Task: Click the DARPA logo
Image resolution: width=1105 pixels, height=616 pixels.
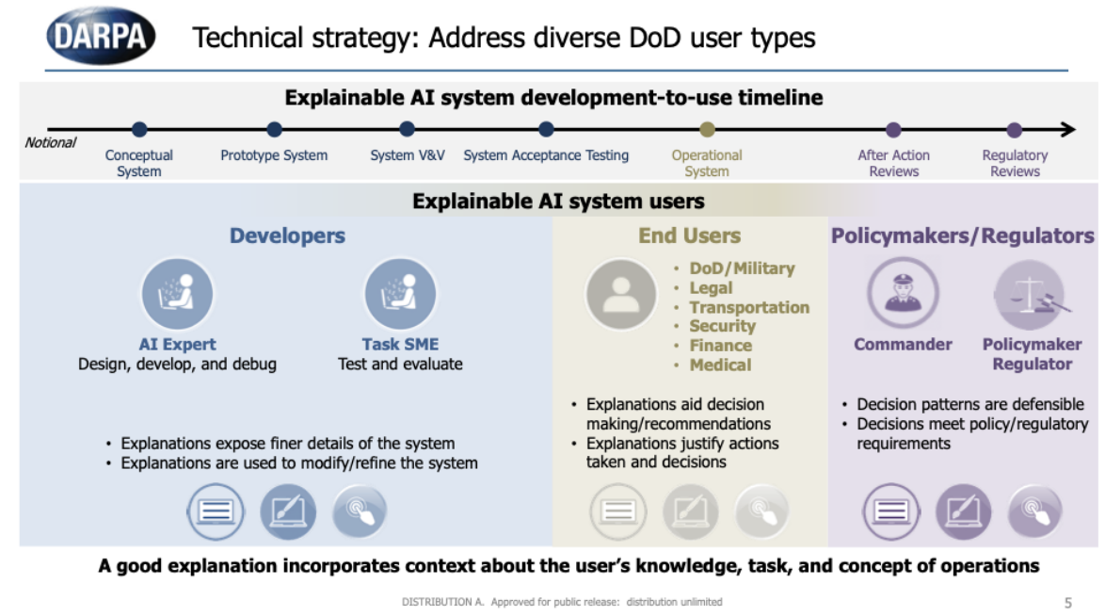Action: (x=101, y=37)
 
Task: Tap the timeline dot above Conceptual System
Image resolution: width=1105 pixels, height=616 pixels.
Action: (x=139, y=129)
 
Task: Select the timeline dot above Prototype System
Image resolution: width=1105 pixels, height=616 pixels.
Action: (x=274, y=129)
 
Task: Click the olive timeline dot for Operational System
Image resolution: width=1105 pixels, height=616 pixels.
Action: (x=707, y=129)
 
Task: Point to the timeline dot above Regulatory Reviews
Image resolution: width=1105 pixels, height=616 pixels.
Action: (x=1014, y=130)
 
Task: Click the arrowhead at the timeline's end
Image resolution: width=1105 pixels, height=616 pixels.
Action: (x=1067, y=130)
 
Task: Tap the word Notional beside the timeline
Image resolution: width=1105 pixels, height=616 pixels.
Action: (x=50, y=142)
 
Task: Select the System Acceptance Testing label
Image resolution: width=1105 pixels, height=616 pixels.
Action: (x=546, y=155)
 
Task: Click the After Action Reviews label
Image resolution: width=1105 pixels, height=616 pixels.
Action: (x=893, y=163)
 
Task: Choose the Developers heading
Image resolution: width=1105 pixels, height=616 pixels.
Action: (x=287, y=235)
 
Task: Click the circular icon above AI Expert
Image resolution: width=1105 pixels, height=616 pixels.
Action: (x=177, y=294)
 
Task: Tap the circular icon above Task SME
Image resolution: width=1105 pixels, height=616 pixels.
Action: (x=400, y=294)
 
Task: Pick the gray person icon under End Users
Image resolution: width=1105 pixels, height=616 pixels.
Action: (x=620, y=294)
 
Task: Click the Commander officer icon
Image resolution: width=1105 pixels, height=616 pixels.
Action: (x=903, y=294)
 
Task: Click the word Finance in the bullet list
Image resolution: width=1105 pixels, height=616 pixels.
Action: (x=720, y=346)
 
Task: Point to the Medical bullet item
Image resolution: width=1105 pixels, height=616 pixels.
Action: (x=720, y=365)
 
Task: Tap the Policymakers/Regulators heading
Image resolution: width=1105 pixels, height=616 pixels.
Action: (x=962, y=235)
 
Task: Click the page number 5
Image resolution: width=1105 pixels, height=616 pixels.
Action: (x=1067, y=602)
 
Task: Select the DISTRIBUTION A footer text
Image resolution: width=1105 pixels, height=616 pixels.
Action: (x=562, y=602)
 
